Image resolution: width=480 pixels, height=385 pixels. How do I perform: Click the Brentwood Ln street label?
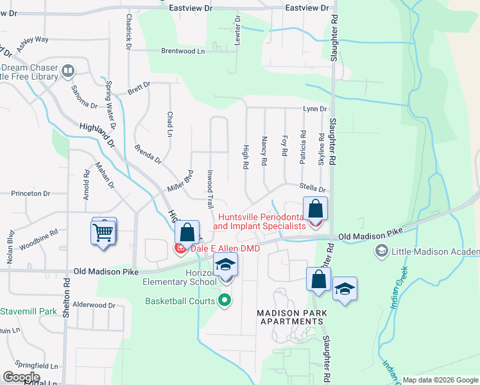coord(182,51)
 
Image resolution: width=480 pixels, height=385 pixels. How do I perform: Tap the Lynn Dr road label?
coord(315,110)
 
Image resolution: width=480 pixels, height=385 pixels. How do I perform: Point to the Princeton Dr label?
coord(30,193)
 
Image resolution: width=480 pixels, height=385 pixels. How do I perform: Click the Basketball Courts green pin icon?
coord(225,300)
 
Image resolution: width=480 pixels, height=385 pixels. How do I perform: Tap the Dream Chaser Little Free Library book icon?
coord(67,70)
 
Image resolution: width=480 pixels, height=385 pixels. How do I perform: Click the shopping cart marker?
coord(103,232)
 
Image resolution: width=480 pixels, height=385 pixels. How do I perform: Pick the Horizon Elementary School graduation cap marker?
coord(225,264)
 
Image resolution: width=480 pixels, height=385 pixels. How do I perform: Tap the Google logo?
coord(21,377)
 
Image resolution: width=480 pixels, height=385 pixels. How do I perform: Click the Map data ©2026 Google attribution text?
coord(440,380)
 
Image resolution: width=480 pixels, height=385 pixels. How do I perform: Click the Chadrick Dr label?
coord(128,32)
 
